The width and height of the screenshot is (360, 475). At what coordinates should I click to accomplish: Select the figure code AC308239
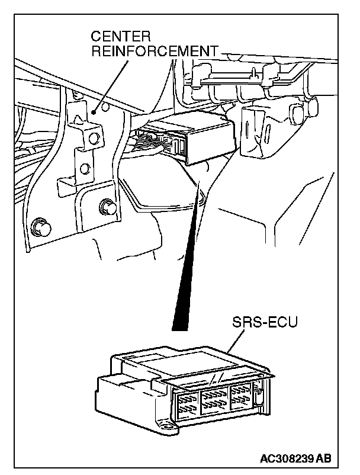click(286, 458)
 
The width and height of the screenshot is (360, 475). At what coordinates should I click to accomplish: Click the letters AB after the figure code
click(324, 458)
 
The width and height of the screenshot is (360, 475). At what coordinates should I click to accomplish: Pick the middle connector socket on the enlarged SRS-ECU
click(214, 397)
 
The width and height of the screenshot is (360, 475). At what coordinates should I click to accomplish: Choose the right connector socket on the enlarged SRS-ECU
click(241, 393)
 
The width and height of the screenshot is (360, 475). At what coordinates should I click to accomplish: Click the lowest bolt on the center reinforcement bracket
click(40, 226)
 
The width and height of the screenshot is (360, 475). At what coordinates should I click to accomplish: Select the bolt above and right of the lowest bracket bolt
click(107, 207)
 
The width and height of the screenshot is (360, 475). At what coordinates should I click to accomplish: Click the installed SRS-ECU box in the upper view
click(196, 136)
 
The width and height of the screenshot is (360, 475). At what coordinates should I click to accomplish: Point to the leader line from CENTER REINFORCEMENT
click(112, 83)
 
